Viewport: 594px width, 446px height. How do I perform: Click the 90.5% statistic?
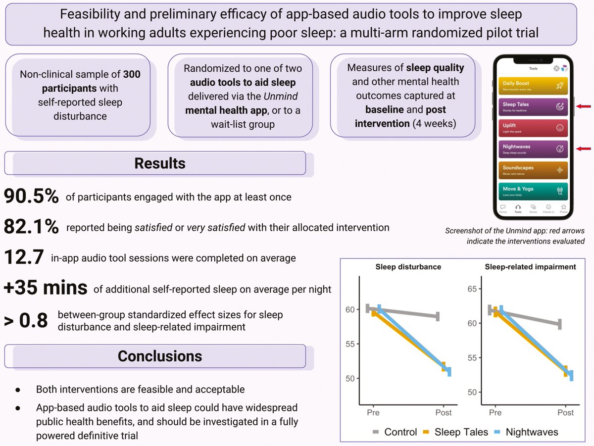(x=31, y=197)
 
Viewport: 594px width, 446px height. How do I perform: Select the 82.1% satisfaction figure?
(x=31, y=227)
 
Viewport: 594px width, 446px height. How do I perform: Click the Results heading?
(x=159, y=163)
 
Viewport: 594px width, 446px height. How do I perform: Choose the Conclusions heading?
(x=159, y=356)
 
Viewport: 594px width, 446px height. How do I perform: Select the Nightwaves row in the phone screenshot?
(x=533, y=149)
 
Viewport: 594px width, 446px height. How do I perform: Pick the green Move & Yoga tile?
(x=533, y=191)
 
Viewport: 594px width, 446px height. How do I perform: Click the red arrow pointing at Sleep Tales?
(x=584, y=105)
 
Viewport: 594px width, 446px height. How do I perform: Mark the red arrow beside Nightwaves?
(x=584, y=148)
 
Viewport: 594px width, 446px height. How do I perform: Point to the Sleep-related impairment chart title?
(x=531, y=267)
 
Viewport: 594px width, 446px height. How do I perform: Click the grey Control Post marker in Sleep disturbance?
(x=438, y=316)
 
